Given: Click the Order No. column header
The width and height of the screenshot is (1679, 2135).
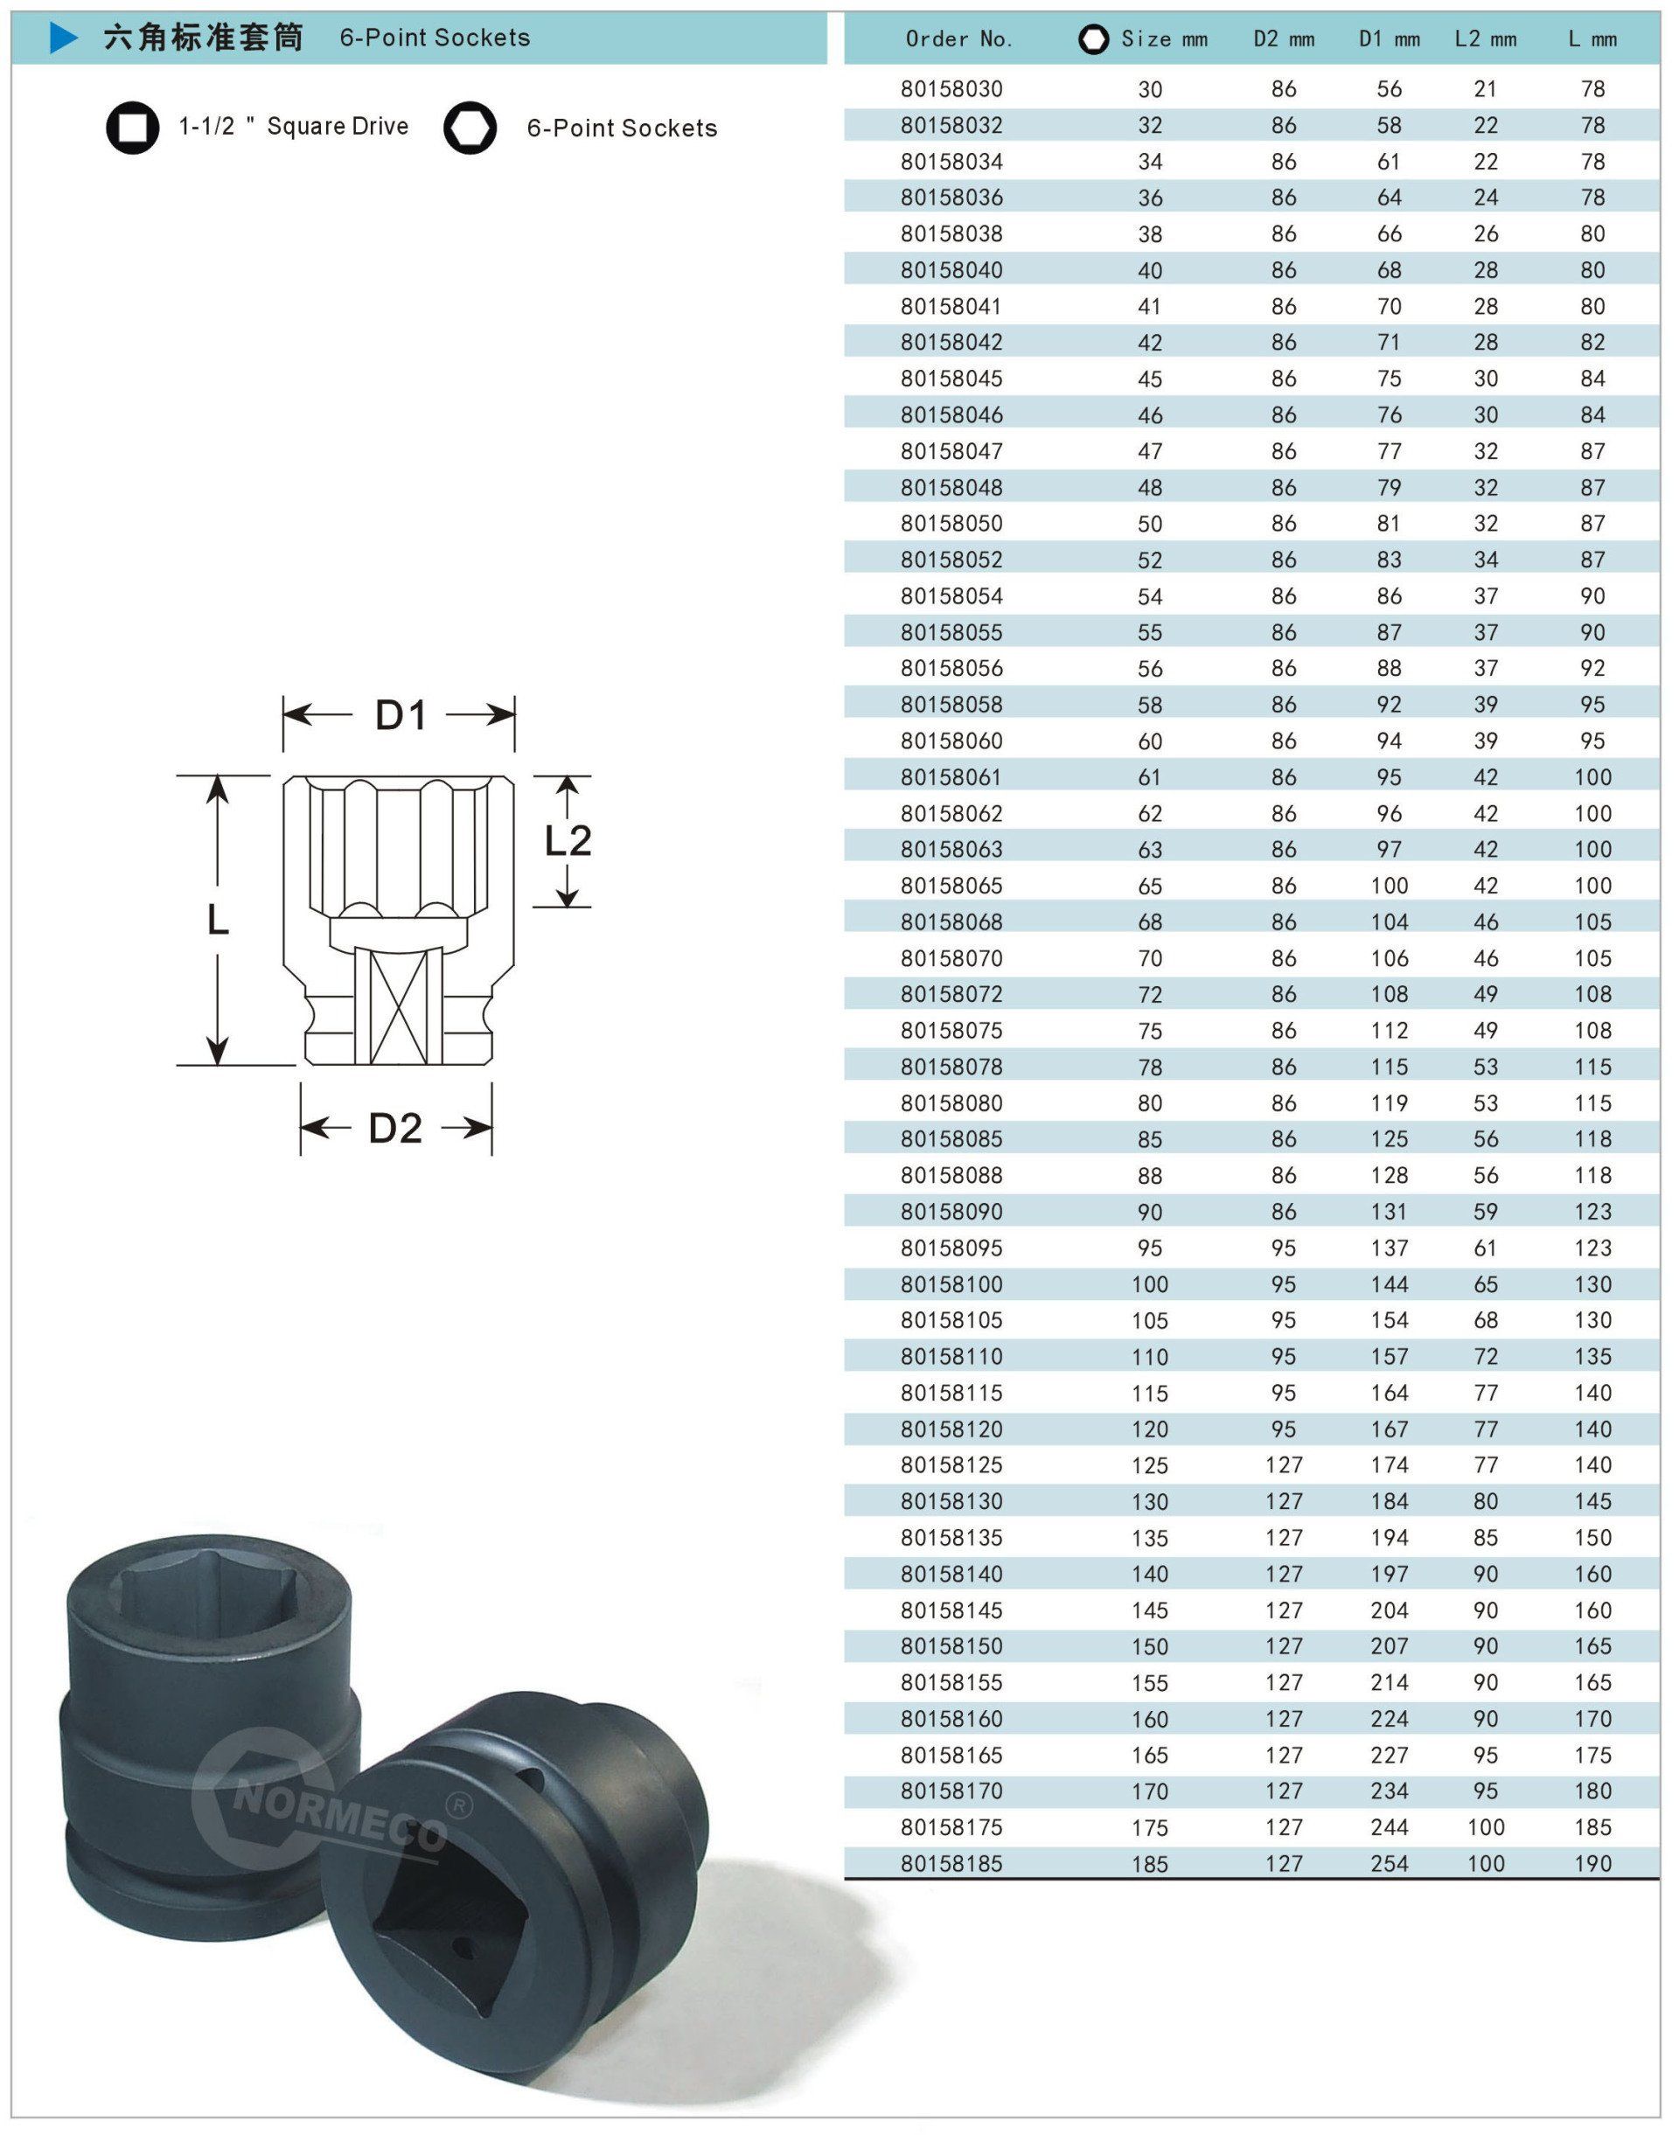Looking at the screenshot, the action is (x=958, y=39).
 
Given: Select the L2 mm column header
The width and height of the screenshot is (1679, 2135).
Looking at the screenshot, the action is (x=1486, y=39).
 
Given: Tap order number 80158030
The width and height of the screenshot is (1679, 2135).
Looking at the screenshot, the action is (x=951, y=89).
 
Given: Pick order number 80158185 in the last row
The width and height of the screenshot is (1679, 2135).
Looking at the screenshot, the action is (x=951, y=1863).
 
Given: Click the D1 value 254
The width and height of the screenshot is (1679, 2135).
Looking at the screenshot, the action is (x=1389, y=1863).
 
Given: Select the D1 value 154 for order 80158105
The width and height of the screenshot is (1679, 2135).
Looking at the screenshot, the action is (x=1389, y=1320).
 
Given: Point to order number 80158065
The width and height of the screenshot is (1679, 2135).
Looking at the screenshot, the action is (x=951, y=886).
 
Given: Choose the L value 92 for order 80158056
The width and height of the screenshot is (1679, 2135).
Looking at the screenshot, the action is (x=1592, y=669).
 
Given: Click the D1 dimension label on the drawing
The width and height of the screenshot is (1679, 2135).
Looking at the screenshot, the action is (x=401, y=715).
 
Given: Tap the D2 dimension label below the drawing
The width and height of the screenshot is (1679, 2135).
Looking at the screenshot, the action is (x=395, y=1128).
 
